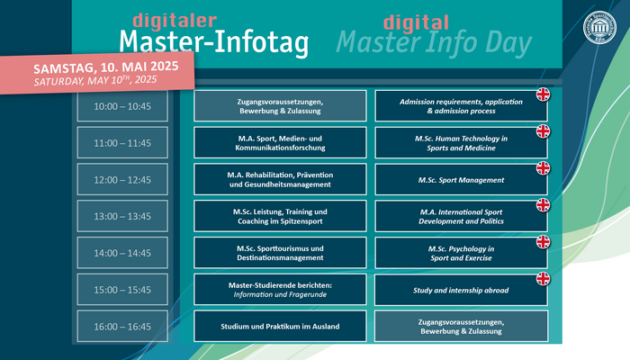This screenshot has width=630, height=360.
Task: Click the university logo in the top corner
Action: pyautogui.click(x=599, y=27)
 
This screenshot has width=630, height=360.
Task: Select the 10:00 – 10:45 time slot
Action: pyautogui.click(x=122, y=106)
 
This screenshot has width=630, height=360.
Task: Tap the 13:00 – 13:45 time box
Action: pyautogui.click(x=122, y=216)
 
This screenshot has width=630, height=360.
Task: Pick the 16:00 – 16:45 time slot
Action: pyautogui.click(x=122, y=326)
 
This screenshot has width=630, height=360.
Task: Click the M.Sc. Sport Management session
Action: pyautogui.click(x=461, y=180)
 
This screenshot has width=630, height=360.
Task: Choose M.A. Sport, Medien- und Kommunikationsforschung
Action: pyautogui.click(x=280, y=142)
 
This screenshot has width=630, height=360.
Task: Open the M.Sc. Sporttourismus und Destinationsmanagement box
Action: pyautogui.click(x=280, y=253)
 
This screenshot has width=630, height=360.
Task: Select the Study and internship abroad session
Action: pyautogui.click(x=461, y=290)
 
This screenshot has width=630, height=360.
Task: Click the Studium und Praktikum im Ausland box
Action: pyautogui.click(x=280, y=326)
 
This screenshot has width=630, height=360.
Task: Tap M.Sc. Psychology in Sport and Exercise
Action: pyautogui.click(x=461, y=253)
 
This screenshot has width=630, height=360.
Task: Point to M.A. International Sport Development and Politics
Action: pyautogui.click(x=461, y=216)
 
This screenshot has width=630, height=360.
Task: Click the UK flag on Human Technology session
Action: pyautogui.click(x=544, y=131)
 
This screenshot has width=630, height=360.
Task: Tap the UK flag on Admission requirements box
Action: pyautogui.click(x=544, y=94)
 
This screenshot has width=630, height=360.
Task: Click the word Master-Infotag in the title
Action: pyautogui.click(x=214, y=42)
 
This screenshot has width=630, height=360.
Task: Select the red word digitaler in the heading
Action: pyautogui.click(x=175, y=21)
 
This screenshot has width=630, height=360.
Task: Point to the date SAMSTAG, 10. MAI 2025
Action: pyautogui.click(x=105, y=67)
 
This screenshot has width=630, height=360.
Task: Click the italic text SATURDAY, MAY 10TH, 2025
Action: pyautogui.click(x=95, y=80)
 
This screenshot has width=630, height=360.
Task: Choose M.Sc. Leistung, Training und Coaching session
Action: pyautogui.click(x=280, y=216)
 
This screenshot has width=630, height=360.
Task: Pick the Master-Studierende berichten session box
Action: pyautogui.click(x=280, y=290)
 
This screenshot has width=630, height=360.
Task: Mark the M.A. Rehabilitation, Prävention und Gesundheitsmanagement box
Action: pyautogui.click(x=280, y=180)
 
